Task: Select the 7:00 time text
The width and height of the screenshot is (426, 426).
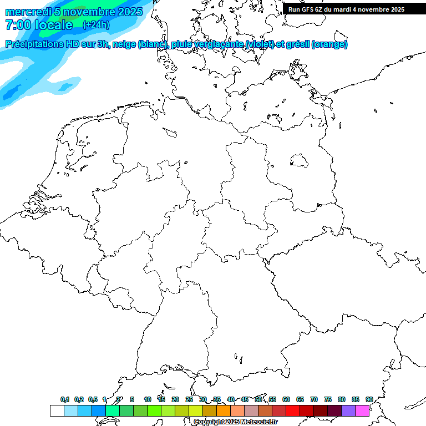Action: [18, 25]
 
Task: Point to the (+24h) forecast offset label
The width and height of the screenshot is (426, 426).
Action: [96, 25]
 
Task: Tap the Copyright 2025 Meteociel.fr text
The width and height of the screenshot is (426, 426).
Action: [235, 422]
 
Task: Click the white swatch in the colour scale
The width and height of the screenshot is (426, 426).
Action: [57, 411]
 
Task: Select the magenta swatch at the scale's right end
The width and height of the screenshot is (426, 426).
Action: [362, 411]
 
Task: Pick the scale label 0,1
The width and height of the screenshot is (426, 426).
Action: [65, 399]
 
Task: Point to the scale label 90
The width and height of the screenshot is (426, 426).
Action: [369, 399]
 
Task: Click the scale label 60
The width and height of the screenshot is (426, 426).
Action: [286, 399]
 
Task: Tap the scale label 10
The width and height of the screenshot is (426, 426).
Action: [148, 399]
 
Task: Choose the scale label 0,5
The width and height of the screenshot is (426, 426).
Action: [93, 399]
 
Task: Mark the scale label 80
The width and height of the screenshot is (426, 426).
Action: [341, 399]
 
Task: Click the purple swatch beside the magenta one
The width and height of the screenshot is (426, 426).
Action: [348, 411]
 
